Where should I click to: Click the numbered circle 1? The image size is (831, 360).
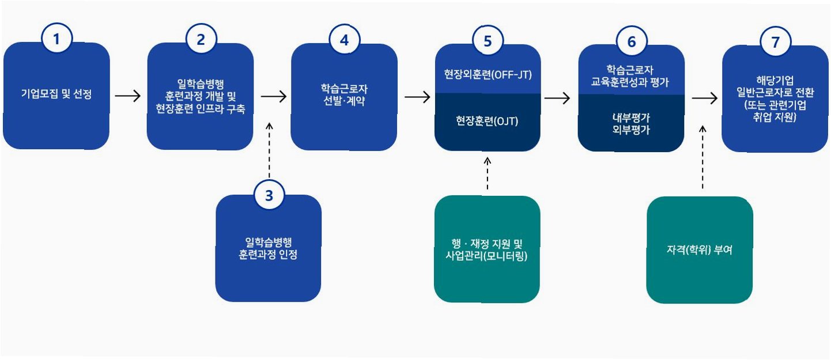click(x=56, y=40)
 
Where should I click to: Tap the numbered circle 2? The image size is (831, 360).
click(x=201, y=40)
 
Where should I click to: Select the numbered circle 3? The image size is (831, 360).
click(x=269, y=195)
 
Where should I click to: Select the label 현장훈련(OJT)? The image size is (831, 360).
click(x=488, y=122)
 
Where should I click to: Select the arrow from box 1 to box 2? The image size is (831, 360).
click(x=128, y=96)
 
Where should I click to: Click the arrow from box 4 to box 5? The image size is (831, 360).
click(x=417, y=96)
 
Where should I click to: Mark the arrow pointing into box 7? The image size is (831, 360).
click(x=704, y=98)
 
